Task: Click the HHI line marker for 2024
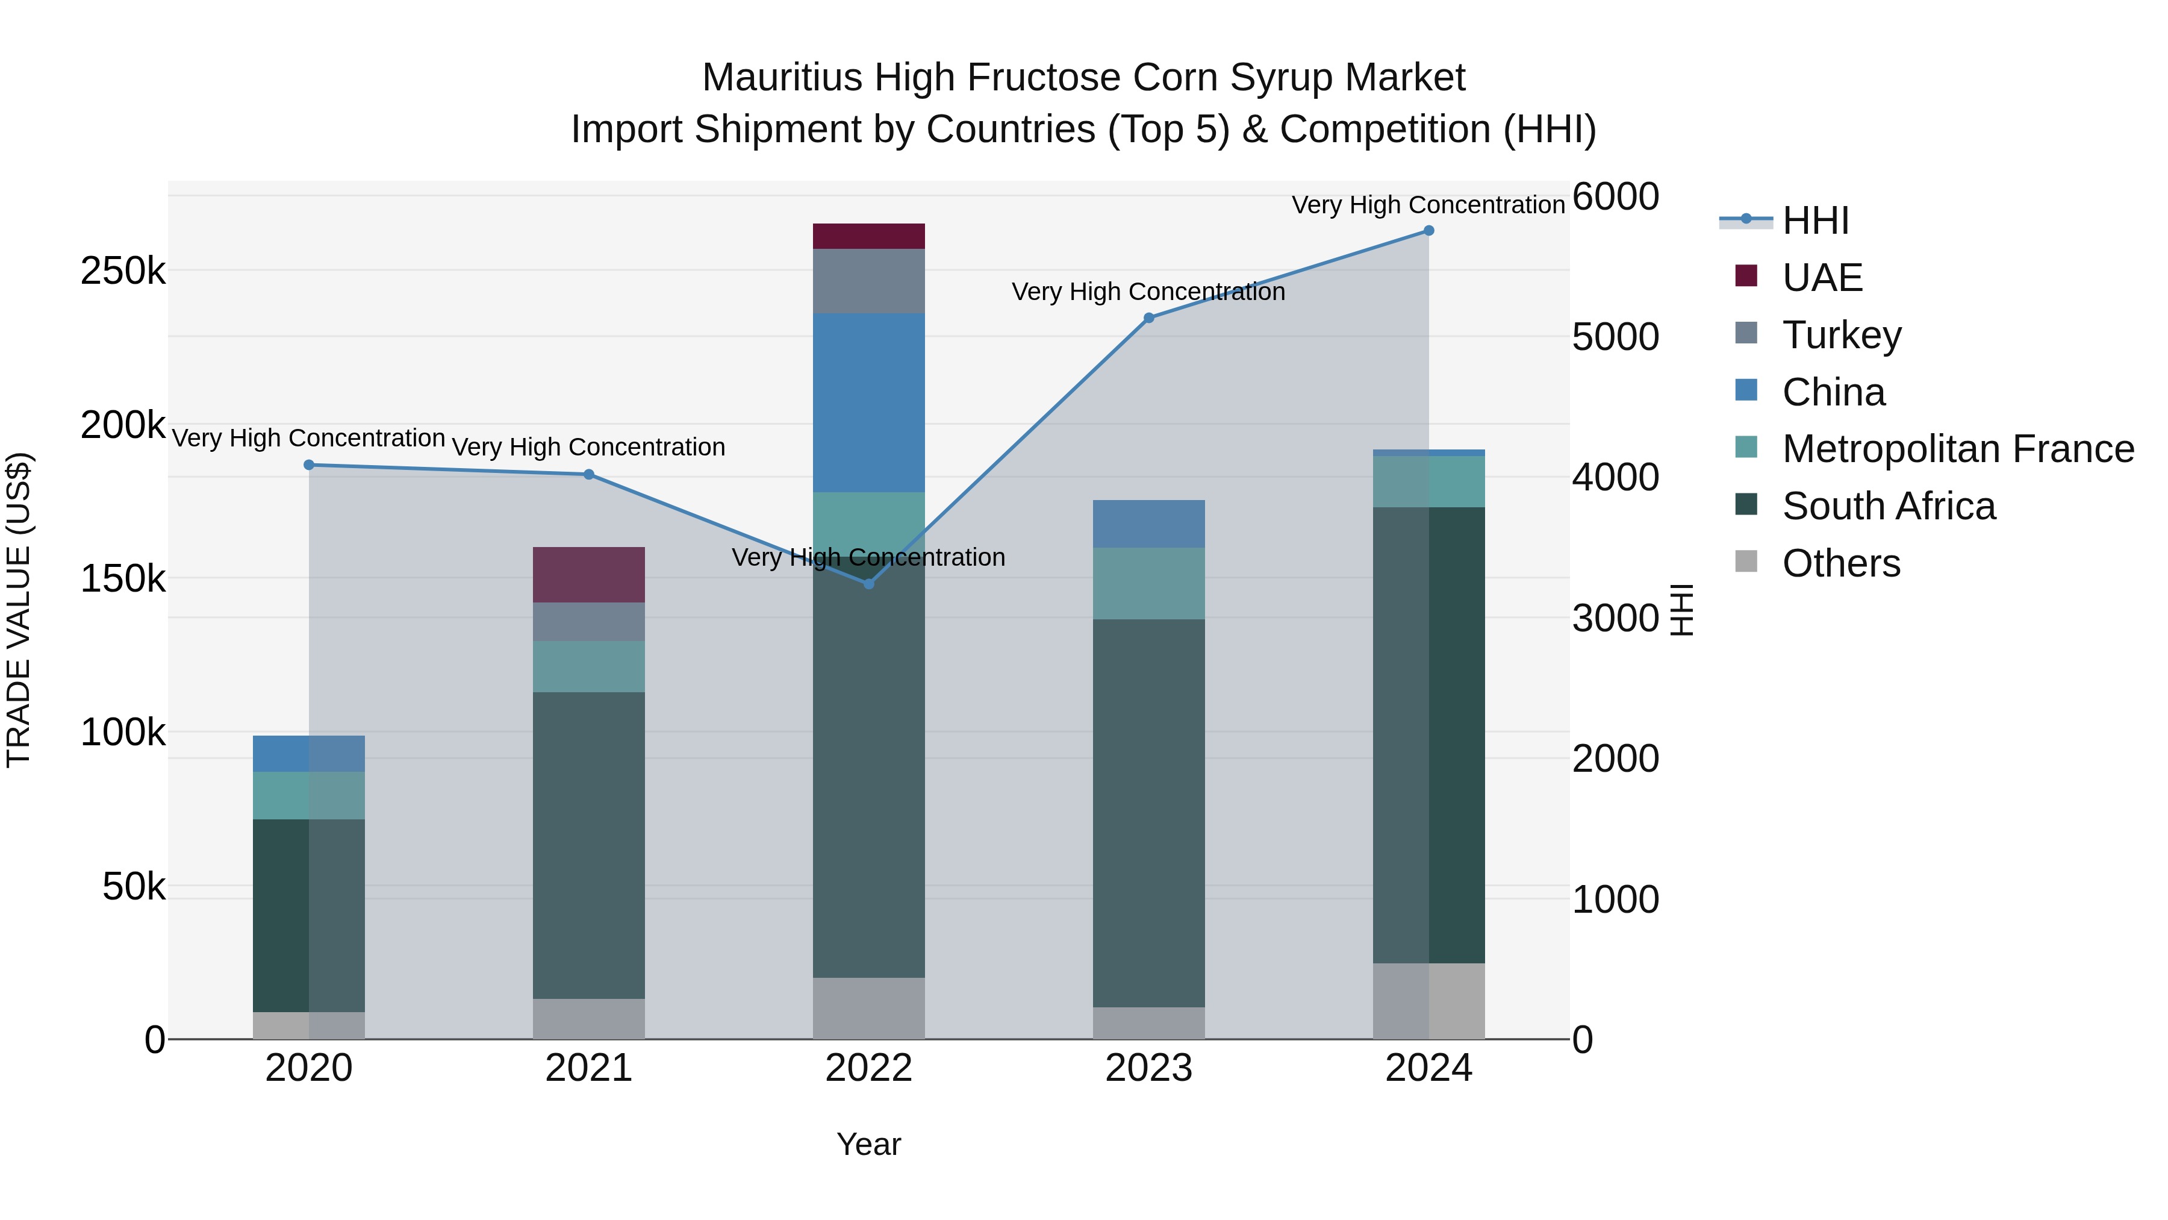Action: [1428, 231]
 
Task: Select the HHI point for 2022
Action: [868, 583]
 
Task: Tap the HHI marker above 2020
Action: [309, 465]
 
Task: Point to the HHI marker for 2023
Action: [1149, 318]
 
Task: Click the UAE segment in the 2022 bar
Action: [868, 237]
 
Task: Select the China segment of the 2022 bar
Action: [868, 402]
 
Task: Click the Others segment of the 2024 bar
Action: [1428, 1001]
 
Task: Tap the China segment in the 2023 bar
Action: [1149, 524]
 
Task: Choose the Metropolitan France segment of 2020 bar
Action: [309, 796]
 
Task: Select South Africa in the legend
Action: [1888, 507]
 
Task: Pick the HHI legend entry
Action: [1815, 221]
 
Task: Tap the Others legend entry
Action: [1840, 564]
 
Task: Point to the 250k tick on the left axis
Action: [123, 272]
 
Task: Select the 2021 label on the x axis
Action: [588, 1068]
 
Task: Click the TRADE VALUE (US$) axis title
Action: [19, 610]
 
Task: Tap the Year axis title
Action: [868, 1144]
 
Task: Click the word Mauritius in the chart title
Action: [782, 78]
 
